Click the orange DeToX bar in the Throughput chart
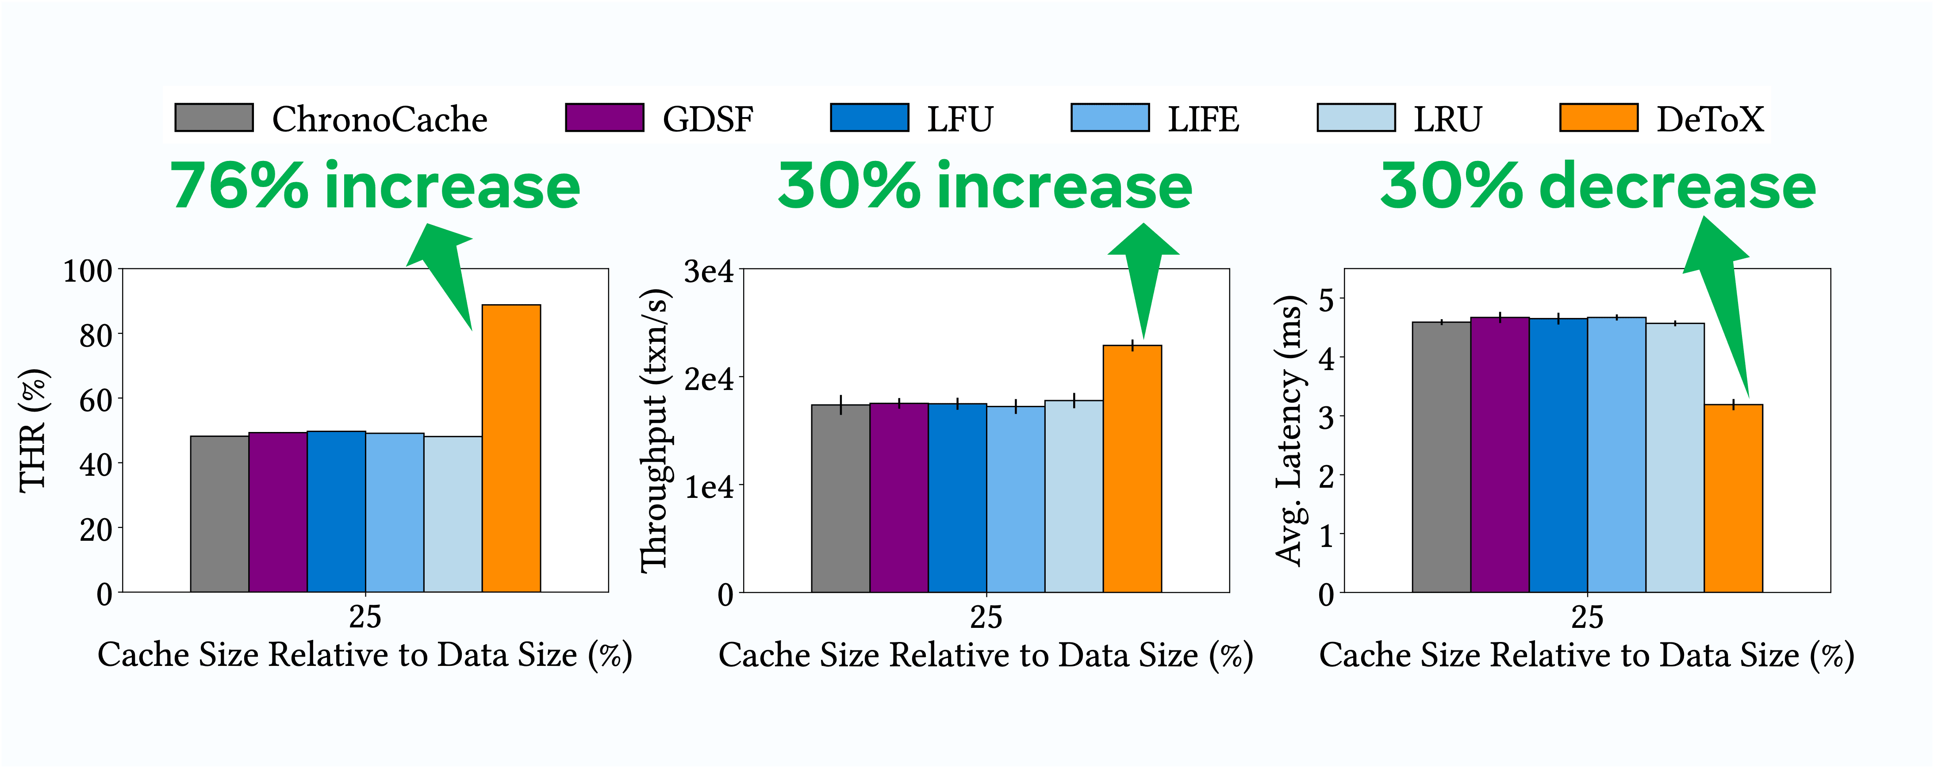(1132, 469)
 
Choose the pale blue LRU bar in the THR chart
(453, 514)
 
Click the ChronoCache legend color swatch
(214, 118)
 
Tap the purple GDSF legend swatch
(604, 118)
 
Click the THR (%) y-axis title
(34, 431)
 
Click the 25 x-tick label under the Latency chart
(1587, 617)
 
